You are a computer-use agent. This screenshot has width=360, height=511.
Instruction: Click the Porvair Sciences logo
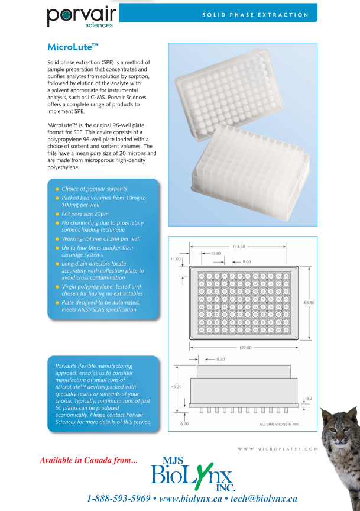(82, 17)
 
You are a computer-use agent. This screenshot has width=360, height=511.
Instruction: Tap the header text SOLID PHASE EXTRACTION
(255, 15)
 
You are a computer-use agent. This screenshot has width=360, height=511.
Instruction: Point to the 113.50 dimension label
(239, 246)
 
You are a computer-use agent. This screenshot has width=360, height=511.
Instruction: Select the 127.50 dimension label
(245, 348)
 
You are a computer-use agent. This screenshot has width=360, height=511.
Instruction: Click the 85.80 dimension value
(309, 302)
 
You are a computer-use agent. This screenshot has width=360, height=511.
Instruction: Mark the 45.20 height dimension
(176, 386)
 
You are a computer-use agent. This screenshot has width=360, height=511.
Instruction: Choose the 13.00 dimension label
(216, 253)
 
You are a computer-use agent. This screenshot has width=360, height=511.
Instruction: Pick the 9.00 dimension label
(247, 261)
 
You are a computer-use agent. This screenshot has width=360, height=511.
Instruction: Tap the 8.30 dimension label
(221, 359)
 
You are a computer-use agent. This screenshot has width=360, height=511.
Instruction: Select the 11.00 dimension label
(176, 259)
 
